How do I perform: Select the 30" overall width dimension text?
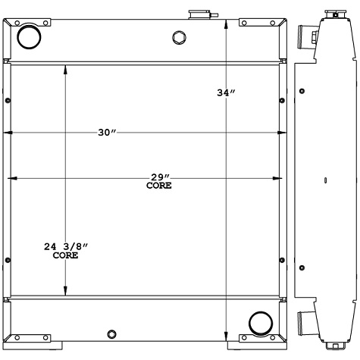click(106, 133)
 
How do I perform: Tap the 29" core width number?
click(158, 177)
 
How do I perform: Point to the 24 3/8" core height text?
click(67, 247)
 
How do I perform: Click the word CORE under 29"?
click(158, 186)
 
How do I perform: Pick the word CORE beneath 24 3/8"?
click(65, 256)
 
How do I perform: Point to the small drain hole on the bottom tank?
click(112, 335)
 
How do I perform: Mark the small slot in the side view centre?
click(325, 180)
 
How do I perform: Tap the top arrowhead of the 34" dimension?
click(227, 22)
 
